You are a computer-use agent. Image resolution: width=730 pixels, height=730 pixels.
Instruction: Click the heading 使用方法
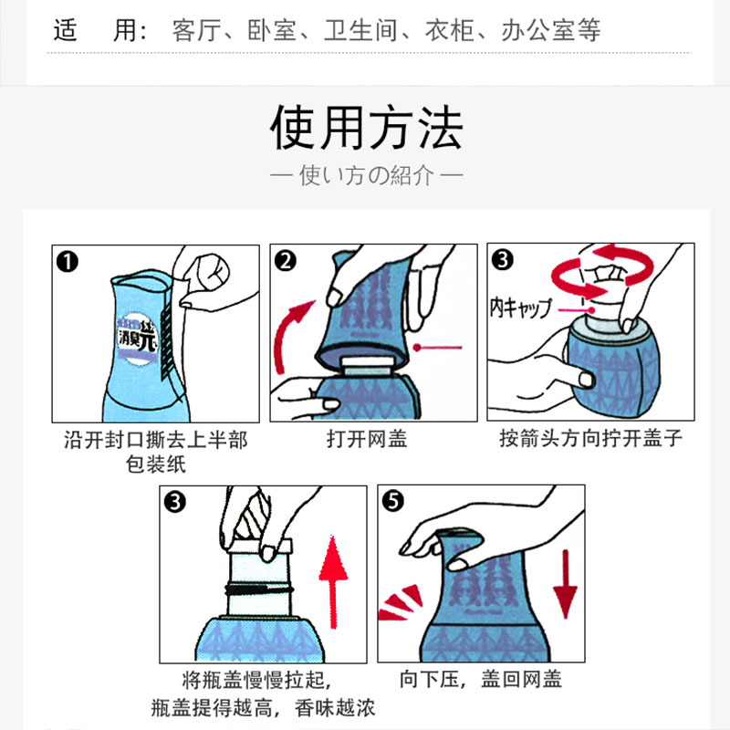pos(367,127)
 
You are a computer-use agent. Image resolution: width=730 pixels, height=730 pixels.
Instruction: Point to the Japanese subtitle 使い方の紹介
pos(367,175)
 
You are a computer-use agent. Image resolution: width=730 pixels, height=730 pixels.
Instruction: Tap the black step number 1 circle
pos(67,262)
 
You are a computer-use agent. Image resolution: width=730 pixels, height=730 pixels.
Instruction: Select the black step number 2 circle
pos(285,261)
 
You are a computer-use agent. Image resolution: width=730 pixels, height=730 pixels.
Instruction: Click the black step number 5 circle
pos(393,501)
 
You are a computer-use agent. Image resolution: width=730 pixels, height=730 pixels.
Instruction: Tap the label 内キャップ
pos(520,308)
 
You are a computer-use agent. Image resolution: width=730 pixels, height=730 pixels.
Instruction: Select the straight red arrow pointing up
pos(333,582)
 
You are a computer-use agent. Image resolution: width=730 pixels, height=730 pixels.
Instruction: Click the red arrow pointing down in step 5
pos(566,584)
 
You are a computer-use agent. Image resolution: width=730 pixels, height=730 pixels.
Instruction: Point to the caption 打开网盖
pos(367,439)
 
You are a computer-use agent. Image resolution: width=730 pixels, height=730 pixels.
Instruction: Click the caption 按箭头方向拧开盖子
pos(590,439)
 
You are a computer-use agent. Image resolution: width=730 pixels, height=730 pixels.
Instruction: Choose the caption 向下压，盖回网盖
pos(481,679)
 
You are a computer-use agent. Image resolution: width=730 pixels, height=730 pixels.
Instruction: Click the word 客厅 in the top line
pos(196,31)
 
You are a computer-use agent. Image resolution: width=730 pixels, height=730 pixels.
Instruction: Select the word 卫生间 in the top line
pos(360,31)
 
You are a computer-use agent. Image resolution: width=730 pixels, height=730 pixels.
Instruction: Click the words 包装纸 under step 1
pos(156,464)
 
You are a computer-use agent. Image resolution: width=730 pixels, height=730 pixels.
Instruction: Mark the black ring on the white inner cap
pos(259,589)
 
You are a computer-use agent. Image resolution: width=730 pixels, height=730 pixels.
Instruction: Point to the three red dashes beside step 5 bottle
pos(400,603)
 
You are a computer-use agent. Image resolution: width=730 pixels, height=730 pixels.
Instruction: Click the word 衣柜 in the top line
pos(449,31)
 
